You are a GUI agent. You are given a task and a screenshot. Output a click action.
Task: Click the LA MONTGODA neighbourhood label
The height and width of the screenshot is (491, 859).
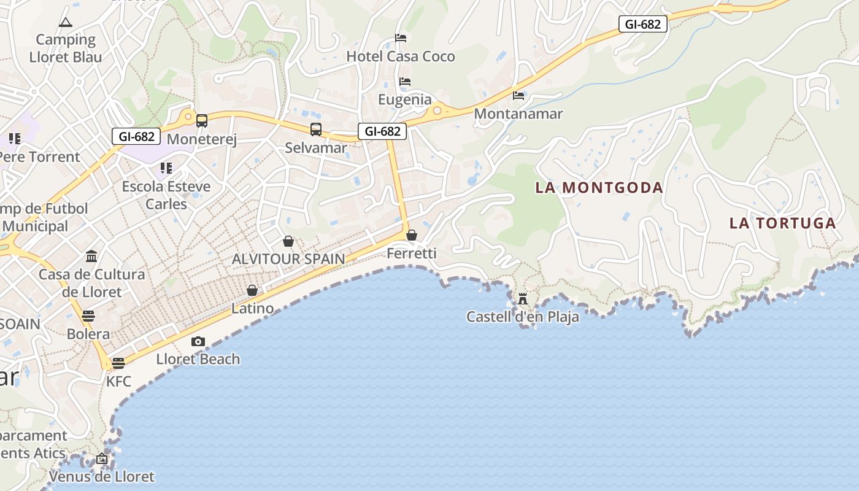point(599,188)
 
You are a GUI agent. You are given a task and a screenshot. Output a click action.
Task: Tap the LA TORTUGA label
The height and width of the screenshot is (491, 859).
point(782,223)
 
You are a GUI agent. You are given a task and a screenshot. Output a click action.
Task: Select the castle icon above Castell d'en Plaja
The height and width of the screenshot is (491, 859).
point(523,299)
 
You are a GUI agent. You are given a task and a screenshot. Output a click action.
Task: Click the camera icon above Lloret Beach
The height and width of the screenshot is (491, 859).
point(198,341)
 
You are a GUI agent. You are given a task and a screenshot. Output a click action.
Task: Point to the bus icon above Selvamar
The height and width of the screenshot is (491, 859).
point(316,130)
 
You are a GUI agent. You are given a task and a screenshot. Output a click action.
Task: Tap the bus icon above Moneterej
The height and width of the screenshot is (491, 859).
point(202,121)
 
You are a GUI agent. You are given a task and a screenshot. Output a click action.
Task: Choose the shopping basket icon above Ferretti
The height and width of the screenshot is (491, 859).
point(412,235)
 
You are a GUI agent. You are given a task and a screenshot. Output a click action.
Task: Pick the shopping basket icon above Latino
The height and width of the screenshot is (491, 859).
point(252,290)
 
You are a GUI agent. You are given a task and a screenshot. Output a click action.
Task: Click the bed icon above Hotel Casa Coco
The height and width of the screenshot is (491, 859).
point(401,38)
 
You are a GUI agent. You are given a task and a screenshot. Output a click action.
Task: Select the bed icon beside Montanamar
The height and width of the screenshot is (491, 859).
point(518,96)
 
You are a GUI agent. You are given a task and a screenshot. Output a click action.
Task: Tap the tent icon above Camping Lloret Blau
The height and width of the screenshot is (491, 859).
point(66,23)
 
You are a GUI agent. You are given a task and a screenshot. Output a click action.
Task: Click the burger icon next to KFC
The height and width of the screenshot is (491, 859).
point(118,363)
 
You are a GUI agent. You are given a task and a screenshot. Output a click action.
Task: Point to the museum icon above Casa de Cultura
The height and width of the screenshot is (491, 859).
point(91,256)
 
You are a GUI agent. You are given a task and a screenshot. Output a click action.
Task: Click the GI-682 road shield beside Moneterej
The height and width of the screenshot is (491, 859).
point(136,136)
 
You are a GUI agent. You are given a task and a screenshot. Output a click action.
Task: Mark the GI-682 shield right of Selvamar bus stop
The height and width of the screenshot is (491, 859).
point(382,131)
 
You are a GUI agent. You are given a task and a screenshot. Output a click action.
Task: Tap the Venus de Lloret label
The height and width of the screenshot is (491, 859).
point(102,476)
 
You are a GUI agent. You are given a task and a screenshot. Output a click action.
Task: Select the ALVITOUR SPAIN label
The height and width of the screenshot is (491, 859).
point(288,259)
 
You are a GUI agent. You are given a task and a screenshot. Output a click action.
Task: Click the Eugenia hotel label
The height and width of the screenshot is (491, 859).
point(404,99)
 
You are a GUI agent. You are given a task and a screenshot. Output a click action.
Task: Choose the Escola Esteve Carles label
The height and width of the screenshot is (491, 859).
point(166,195)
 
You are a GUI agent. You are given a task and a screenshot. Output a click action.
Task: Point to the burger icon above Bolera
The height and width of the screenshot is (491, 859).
point(88,316)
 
